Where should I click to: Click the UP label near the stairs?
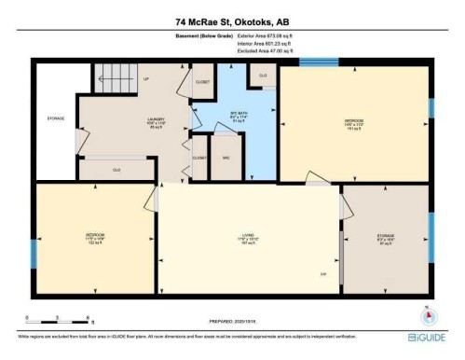point(145,79)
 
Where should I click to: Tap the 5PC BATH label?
point(237,115)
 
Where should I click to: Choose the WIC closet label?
point(225,157)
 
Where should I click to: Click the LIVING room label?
point(249,234)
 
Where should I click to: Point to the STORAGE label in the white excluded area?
point(55,118)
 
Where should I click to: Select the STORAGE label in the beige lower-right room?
point(386,235)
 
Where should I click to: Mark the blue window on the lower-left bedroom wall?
point(35,251)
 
